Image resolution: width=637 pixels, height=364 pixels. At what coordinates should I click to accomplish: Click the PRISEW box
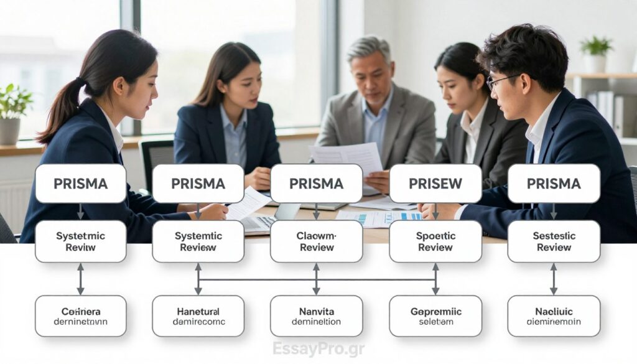(435, 184)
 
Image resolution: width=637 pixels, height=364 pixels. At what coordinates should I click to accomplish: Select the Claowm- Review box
(316, 241)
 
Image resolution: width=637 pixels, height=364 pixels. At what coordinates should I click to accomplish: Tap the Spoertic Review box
(435, 241)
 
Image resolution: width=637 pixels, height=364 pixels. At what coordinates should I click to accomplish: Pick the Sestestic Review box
(554, 241)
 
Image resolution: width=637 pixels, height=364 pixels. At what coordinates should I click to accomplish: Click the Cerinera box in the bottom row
(80, 316)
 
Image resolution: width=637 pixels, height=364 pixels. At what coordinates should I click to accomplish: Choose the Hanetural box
(198, 316)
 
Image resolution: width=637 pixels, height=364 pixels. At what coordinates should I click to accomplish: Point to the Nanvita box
(316, 316)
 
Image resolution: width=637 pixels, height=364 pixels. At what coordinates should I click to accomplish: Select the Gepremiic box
(435, 316)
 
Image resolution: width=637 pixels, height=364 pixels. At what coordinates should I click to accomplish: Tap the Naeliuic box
(554, 316)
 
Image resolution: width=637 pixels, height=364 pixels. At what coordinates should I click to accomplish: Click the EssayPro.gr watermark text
(318, 349)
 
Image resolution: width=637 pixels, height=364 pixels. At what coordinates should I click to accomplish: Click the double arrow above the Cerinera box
(80, 279)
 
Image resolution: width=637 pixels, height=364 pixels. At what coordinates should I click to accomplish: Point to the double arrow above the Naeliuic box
(554, 279)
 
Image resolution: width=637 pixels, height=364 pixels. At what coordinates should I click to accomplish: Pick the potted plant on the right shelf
(595, 54)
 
